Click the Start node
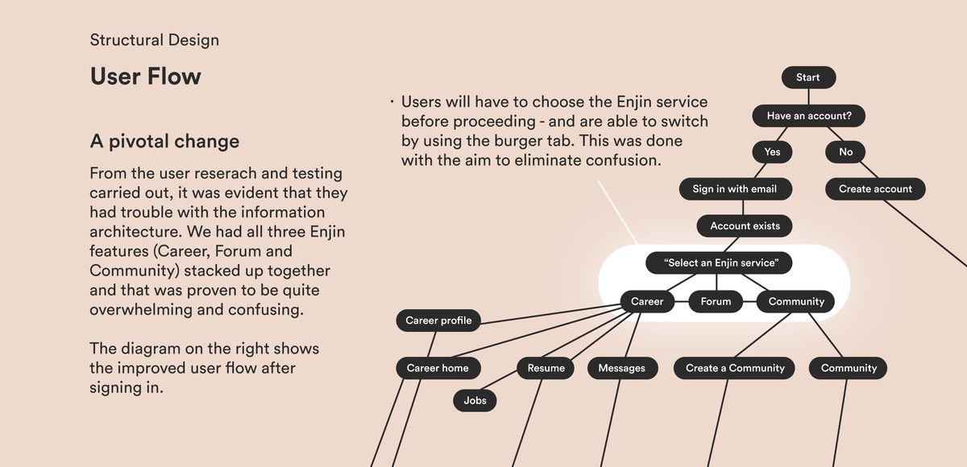[808, 77]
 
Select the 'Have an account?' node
[815, 116]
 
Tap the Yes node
[772, 152]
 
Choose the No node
[845, 152]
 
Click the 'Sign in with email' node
[734, 189]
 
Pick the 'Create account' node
[875, 189]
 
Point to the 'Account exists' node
[745, 226]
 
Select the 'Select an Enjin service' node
[719, 263]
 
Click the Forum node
[716, 302]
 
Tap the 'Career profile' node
[438, 321]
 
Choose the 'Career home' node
[438, 369]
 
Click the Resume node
[546, 369]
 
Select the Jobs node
[475, 400]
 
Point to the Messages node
[621, 369]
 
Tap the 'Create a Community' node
[735, 369]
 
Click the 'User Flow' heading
[146, 76]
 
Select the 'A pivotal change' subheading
[164, 142]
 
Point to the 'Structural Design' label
[154, 40]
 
